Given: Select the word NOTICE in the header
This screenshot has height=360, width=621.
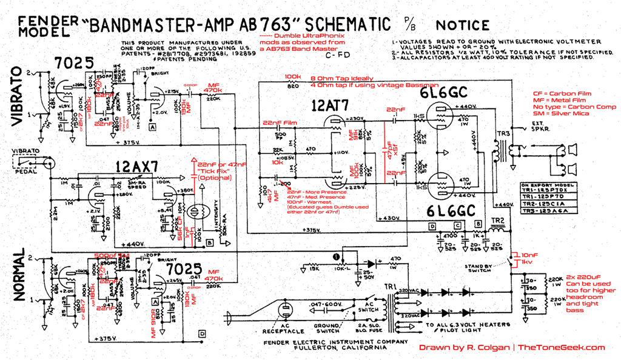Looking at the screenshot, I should pyautogui.click(x=462, y=25).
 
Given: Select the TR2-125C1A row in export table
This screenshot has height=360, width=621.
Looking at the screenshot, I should pyautogui.click(x=543, y=204).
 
